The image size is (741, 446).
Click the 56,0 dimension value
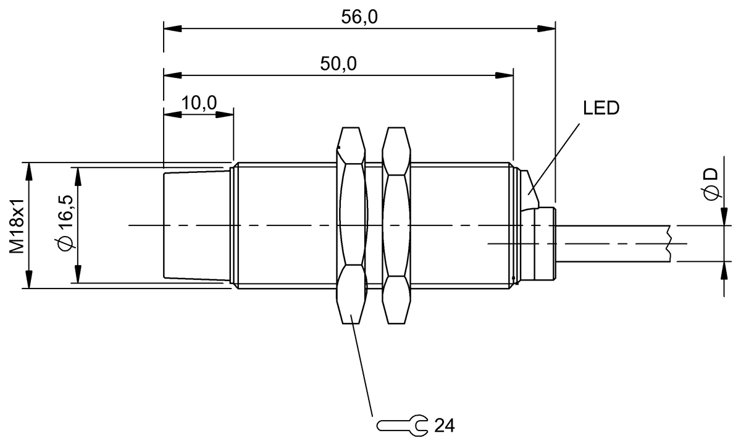coord(359,17)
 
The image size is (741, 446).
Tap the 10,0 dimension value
coord(199,103)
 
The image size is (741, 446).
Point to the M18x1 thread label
coord(17,226)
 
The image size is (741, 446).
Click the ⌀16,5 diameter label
coord(65,226)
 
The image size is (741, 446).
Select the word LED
coord(601,109)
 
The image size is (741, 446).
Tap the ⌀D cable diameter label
coord(711,183)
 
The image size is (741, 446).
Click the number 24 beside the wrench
coord(445,425)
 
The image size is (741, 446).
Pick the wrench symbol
coord(402,425)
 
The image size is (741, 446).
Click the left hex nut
coord(352,225)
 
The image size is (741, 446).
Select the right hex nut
coord(396,225)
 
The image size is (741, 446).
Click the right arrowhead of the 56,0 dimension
coord(547,28)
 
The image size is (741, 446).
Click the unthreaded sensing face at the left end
coord(195,226)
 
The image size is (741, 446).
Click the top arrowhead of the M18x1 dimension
coord(28,169)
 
